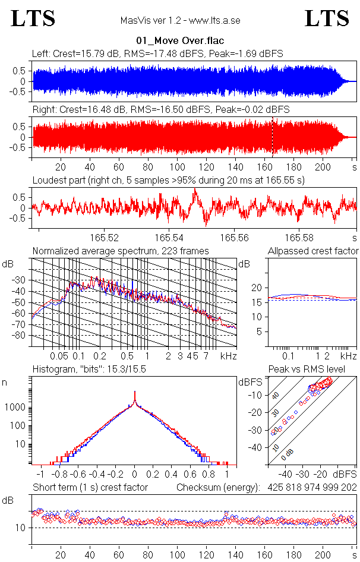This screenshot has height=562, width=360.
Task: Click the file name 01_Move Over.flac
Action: [x=179, y=41]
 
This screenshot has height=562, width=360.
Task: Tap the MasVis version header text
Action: [x=180, y=20]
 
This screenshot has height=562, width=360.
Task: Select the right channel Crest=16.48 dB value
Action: [x=84, y=109]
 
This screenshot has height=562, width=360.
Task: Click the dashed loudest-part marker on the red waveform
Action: [x=273, y=137]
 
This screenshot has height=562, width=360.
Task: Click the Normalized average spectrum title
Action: [x=121, y=251]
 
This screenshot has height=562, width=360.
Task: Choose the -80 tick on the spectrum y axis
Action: [x=20, y=335]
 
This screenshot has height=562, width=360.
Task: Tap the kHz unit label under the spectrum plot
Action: [x=229, y=356]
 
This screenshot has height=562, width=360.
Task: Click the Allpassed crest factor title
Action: [x=313, y=251]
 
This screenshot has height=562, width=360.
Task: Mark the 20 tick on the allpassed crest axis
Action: [x=257, y=288]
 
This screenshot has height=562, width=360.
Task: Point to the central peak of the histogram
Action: [x=135, y=394]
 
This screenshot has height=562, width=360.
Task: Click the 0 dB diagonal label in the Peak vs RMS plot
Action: [x=288, y=454]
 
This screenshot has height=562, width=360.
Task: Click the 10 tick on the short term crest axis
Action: [x=20, y=528]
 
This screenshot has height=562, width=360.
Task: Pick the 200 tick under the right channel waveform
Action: [x=324, y=167]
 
